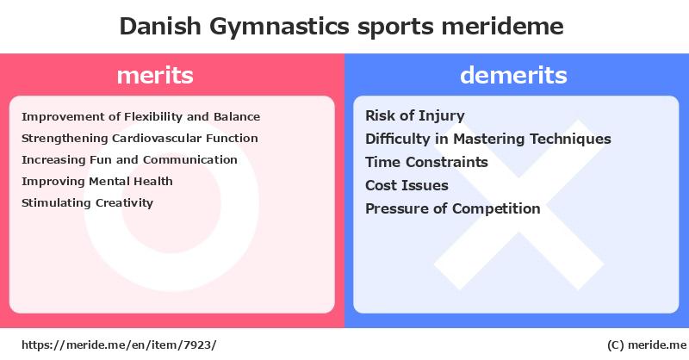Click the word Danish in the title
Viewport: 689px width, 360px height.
(x=160, y=26)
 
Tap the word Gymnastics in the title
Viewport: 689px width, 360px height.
(x=279, y=28)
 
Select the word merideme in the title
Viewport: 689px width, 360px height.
(x=503, y=27)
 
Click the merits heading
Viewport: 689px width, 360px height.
(x=155, y=75)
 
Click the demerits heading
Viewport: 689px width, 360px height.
(x=513, y=75)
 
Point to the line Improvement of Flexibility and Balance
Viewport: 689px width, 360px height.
(x=141, y=117)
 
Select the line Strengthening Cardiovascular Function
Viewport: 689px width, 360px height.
(x=140, y=139)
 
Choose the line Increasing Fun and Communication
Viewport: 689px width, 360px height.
(x=130, y=159)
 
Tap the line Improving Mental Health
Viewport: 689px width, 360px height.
(x=97, y=182)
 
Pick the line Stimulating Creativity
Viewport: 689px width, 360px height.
(x=88, y=203)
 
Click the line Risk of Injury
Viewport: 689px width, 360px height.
(x=415, y=116)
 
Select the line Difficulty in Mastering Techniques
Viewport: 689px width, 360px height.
(x=488, y=140)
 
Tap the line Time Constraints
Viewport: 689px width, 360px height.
(x=426, y=162)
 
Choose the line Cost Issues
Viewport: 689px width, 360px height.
(x=407, y=185)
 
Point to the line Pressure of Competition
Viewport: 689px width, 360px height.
(x=453, y=208)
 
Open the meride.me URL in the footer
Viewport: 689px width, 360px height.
(x=119, y=345)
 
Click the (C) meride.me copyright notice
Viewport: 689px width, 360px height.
(x=647, y=345)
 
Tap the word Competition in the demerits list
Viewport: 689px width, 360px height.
(x=496, y=208)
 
